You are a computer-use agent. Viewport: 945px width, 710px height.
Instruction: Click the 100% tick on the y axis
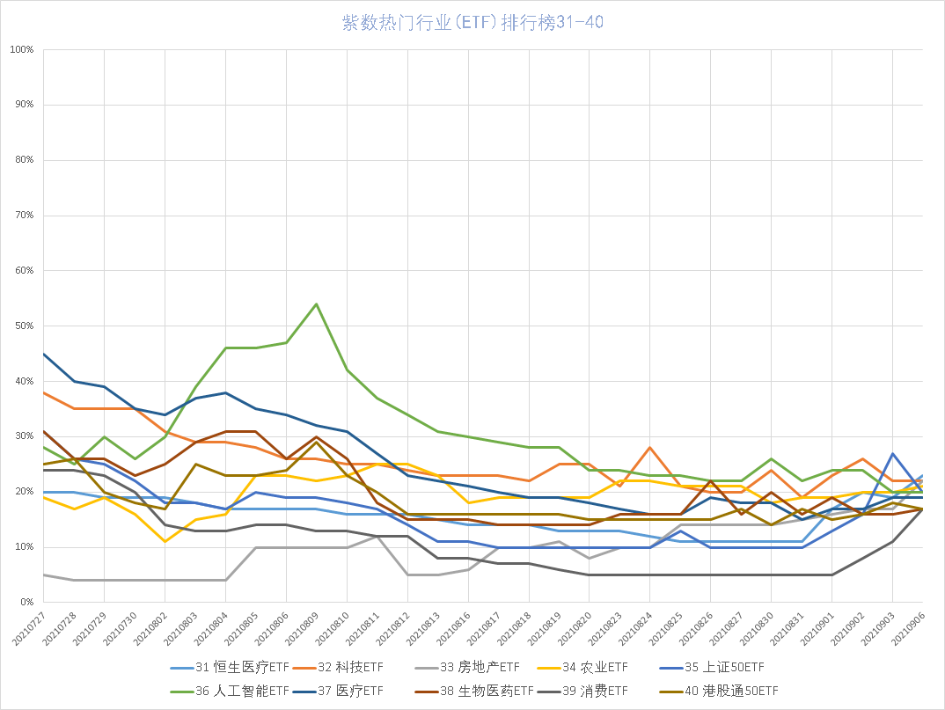[x=21, y=49]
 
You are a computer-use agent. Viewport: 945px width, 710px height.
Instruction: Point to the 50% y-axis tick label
[x=23, y=326]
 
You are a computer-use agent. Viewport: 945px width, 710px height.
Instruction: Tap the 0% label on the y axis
[x=26, y=603]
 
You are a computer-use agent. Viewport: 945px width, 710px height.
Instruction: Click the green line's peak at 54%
[x=316, y=304]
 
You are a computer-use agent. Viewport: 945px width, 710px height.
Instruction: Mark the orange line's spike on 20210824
[x=649, y=447]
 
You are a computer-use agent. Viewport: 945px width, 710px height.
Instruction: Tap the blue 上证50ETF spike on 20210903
[x=893, y=453]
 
